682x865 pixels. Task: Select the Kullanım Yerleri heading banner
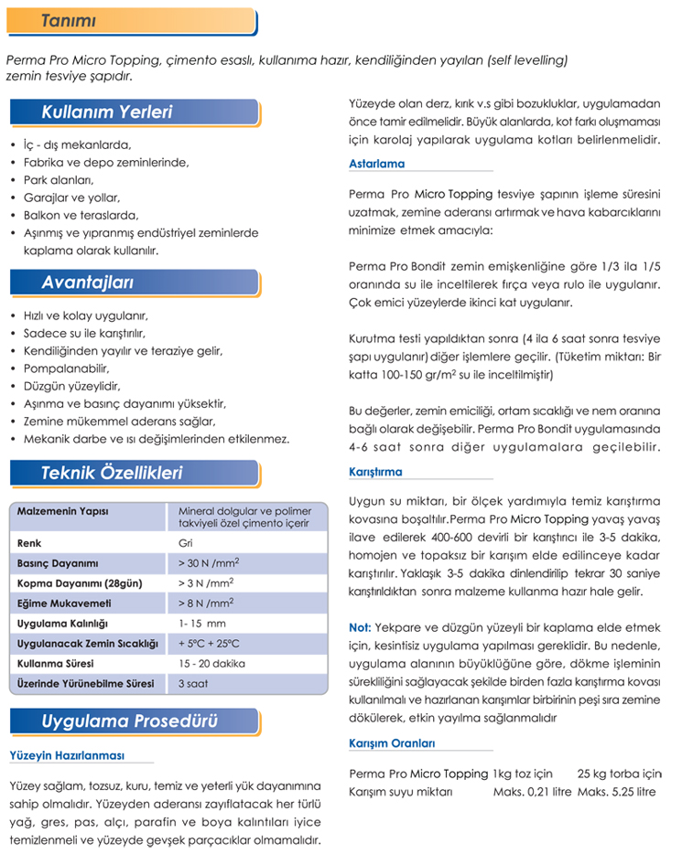pos(107,113)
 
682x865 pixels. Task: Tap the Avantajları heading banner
pos(88,282)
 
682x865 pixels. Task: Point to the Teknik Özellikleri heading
pos(112,473)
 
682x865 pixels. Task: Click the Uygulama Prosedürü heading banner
pos(129,721)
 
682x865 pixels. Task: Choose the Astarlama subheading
pos(376,164)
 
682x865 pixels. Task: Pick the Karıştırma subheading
pos(375,472)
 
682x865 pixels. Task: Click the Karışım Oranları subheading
pos(392,742)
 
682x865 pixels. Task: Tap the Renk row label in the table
pos(29,543)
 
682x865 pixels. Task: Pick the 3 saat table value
pos(193,684)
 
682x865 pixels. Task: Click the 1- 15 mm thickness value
pos(201,624)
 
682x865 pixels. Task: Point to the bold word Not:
pos(360,627)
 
